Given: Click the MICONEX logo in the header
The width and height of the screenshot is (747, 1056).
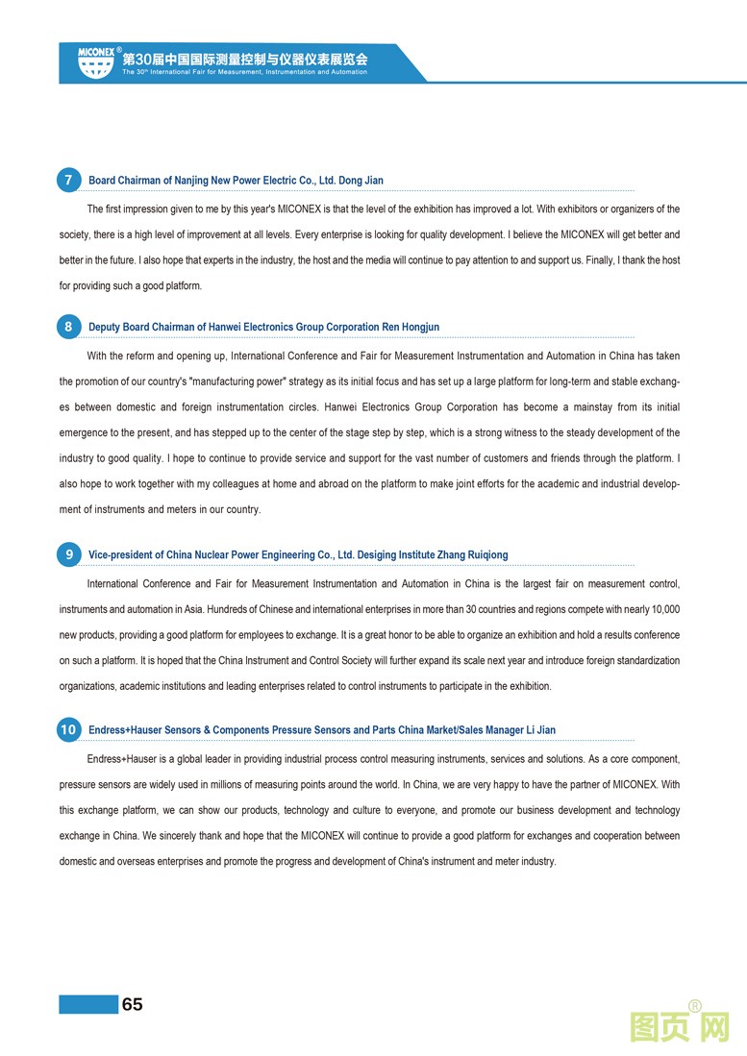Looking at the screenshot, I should [96, 61].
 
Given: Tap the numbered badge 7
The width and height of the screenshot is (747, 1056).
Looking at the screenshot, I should [68, 180].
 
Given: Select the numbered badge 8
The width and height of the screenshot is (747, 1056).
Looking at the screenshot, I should [68, 327].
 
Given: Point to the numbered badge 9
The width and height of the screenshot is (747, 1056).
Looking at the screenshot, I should [68, 554].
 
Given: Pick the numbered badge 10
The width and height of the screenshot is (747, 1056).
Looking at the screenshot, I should [68, 729].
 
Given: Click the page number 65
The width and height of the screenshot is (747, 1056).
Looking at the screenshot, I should [132, 1004].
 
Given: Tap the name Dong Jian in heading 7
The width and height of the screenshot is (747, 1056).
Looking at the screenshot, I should [361, 181].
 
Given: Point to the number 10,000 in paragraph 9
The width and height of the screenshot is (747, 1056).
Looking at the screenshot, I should [665, 609].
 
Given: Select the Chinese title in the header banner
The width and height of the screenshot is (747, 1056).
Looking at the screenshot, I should [245, 58].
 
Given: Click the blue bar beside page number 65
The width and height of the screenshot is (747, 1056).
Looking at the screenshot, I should [87, 1004].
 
